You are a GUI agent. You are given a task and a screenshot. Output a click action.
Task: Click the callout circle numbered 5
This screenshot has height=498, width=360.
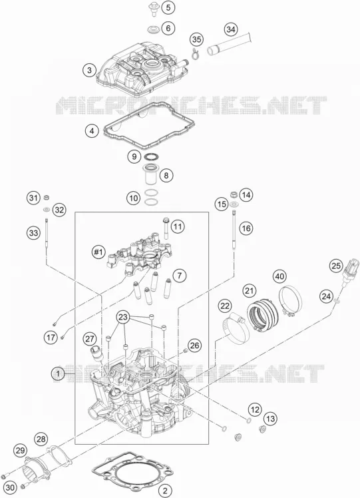[x=168, y=7]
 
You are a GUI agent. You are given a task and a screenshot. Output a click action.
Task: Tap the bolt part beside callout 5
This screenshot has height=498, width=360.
[x=154, y=9]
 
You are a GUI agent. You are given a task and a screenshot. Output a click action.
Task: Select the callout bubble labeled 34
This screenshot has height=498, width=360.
[x=231, y=29]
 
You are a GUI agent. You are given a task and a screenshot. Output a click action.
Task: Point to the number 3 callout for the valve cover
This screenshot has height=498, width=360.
[x=90, y=70]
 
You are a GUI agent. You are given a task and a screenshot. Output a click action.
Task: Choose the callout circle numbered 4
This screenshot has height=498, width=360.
[x=92, y=130]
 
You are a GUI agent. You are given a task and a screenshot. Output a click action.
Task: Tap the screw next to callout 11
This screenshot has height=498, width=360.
[x=166, y=228]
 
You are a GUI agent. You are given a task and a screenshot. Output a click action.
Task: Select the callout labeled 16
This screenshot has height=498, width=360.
[x=246, y=228]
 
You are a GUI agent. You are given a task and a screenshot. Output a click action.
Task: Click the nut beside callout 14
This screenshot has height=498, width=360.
[x=234, y=194]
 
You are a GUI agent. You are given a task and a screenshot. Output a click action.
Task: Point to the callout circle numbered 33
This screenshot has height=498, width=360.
[x=33, y=233]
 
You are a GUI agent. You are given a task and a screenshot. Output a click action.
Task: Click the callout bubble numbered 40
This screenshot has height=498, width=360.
[x=279, y=276]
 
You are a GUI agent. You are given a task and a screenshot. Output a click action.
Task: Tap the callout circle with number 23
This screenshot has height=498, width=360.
[x=124, y=317]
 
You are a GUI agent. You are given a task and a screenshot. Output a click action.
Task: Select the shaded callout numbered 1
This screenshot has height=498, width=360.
[x=58, y=373]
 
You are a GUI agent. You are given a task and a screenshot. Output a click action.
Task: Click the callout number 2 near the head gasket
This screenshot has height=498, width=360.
[x=165, y=490]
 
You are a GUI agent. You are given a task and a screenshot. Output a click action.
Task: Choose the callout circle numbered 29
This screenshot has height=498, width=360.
[x=21, y=450]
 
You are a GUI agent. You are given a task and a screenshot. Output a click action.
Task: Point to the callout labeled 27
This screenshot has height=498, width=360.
[x=90, y=339]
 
